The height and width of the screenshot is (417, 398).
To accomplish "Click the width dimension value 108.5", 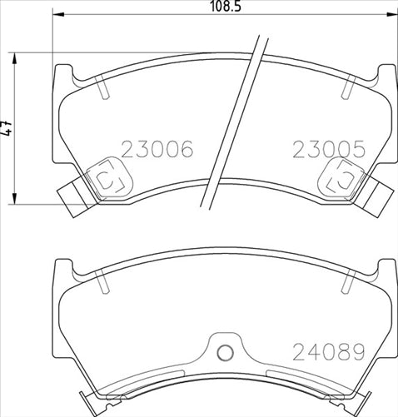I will [x=226, y=7].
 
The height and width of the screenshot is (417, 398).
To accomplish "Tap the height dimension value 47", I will [x=8, y=130].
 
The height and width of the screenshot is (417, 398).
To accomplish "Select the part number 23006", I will [x=157, y=150].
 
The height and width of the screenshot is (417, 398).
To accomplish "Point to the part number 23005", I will [x=329, y=150].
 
